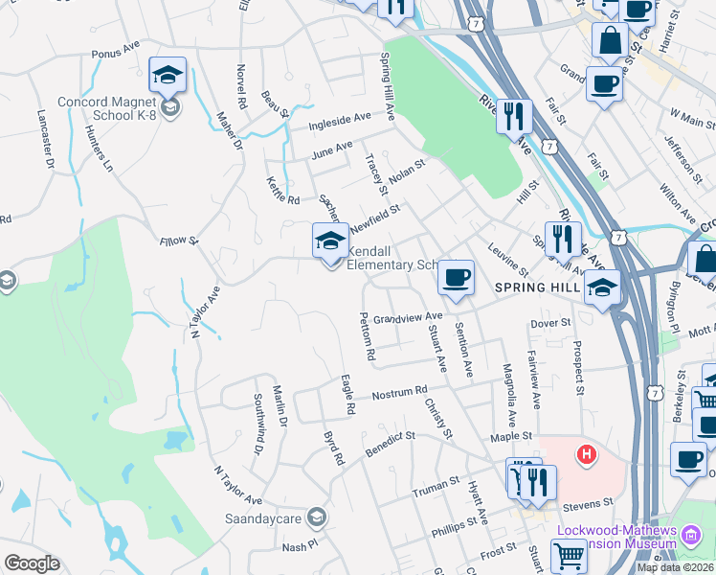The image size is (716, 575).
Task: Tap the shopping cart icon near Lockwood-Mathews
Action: tap(569, 553)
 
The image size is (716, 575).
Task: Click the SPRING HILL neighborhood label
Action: tap(533, 287)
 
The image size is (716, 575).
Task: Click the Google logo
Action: tap(32, 563)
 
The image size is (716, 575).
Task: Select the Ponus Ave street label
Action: tap(116, 53)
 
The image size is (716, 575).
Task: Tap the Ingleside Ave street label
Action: tap(340, 121)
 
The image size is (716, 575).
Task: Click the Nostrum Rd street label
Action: tap(399, 393)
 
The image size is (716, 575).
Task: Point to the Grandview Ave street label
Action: tap(408, 317)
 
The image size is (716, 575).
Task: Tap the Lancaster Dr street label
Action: tap(43, 141)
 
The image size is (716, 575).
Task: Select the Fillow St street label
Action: tap(178, 241)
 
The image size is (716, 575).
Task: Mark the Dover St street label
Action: tap(549, 323)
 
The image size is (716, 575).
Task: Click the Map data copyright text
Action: tap(675, 567)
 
